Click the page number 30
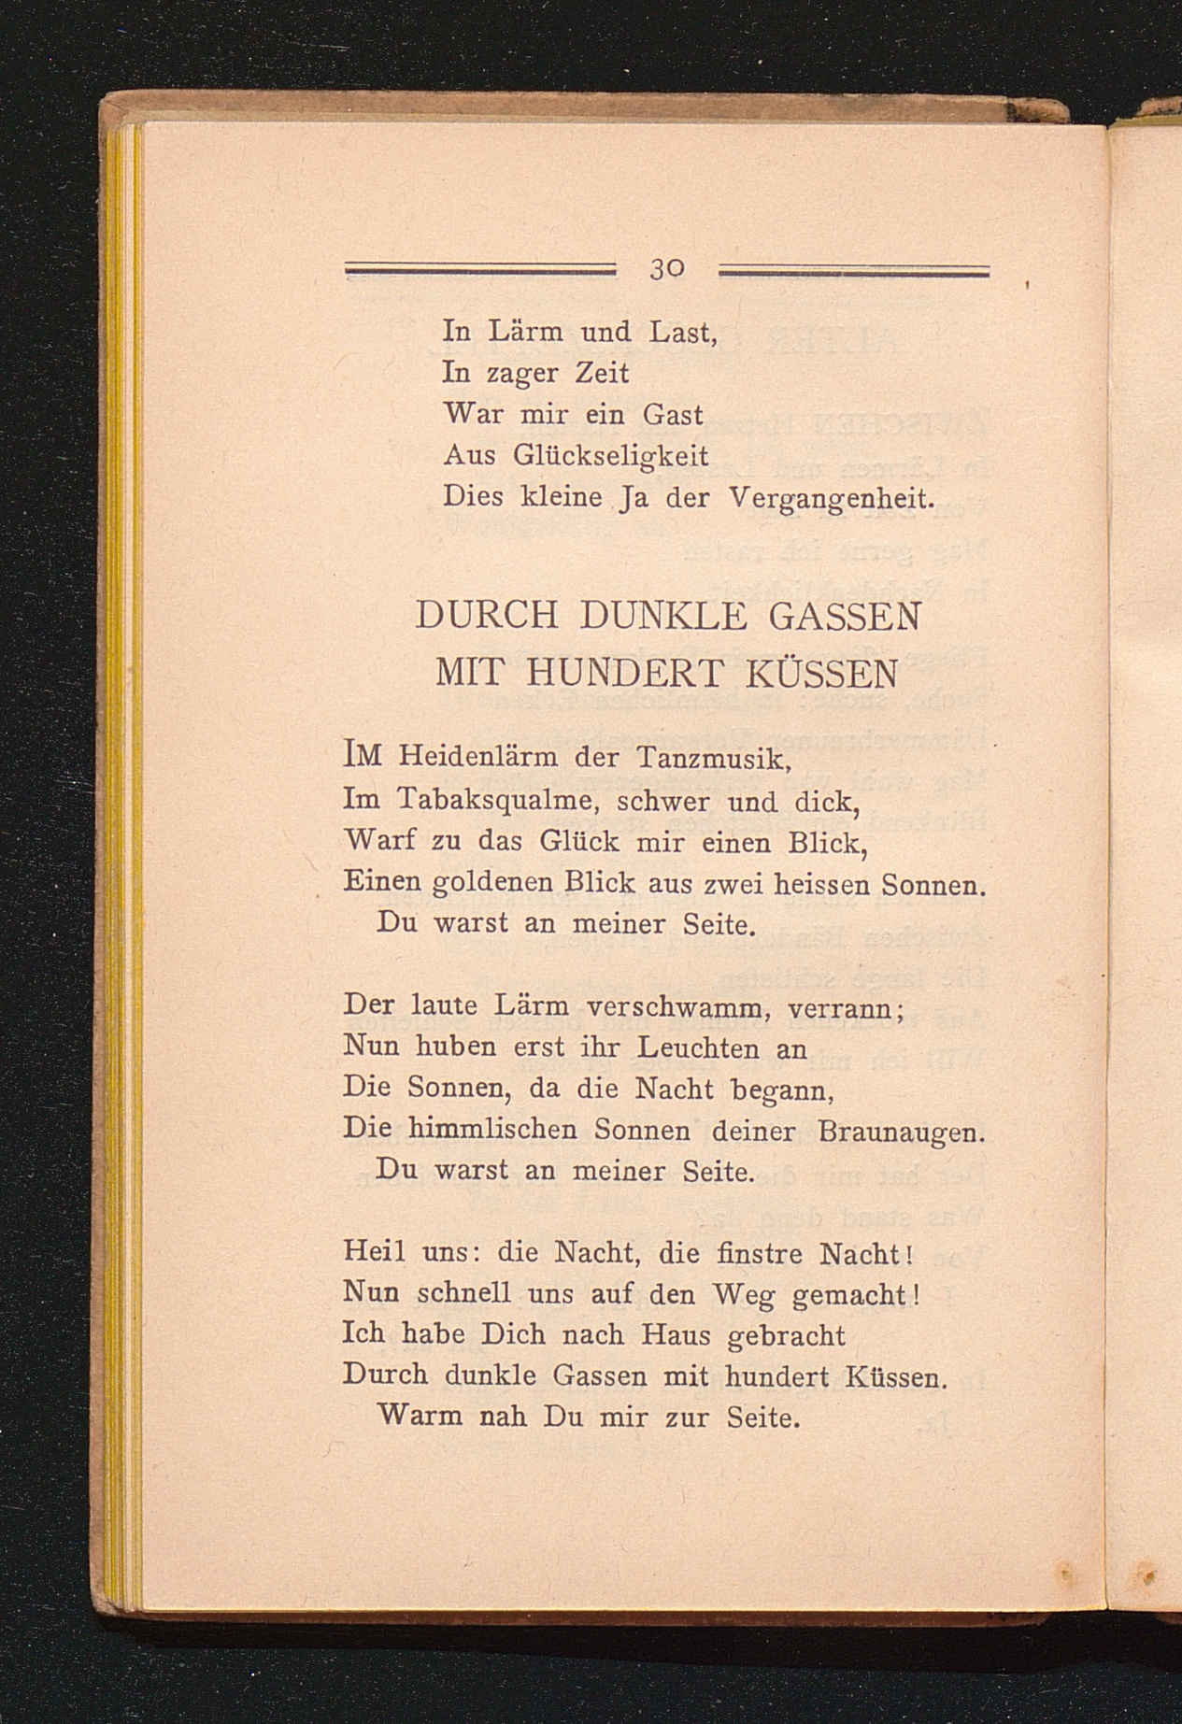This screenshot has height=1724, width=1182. coord(667,270)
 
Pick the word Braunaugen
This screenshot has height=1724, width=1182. coord(901,1132)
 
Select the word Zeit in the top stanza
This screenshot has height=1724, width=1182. coord(600,373)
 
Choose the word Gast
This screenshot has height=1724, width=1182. coord(673,414)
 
